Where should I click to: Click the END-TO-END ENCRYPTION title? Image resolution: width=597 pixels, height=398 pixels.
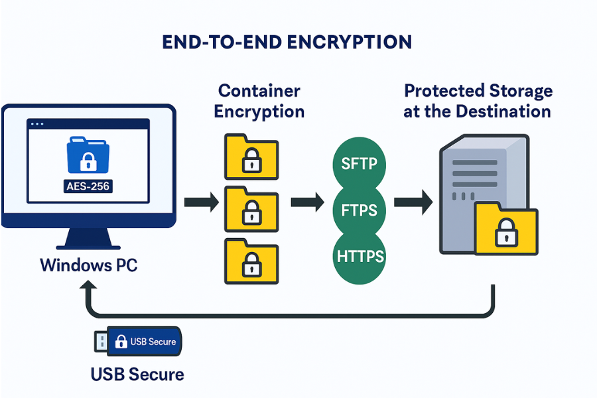pyautogui.click(x=287, y=42)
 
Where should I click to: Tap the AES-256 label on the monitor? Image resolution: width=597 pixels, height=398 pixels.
pyautogui.click(x=88, y=186)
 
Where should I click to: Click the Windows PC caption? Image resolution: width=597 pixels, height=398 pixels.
pyautogui.click(x=88, y=265)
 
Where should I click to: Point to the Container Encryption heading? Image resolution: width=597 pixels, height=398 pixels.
pyautogui.click(x=259, y=101)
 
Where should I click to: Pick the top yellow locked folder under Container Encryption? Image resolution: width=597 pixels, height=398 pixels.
pyautogui.click(x=251, y=157)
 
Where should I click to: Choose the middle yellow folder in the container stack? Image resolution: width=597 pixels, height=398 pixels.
pyautogui.click(x=251, y=209)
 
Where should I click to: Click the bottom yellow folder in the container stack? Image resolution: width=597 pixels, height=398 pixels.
pyautogui.click(x=251, y=261)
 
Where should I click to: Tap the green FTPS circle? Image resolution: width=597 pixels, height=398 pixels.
pyautogui.click(x=358, y=211)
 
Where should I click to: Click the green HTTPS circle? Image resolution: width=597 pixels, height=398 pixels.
pyautogui.click(x=358, y=256)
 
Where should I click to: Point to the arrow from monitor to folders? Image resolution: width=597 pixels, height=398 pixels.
pyautogui.click(x=201, y=201)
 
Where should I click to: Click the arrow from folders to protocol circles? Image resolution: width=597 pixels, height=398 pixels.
pyautogui.click(x=306, y=201)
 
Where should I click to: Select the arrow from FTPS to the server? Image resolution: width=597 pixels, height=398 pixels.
pyautogui.click(x=411, y=201)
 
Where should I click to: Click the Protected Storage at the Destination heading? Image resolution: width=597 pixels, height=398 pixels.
pyautogui.click(x=478, y=101)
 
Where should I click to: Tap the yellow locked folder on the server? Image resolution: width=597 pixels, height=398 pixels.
pyautogui.click(x=506, y=229)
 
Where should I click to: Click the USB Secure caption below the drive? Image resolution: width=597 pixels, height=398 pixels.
pyautogui.click(x=137, y=374)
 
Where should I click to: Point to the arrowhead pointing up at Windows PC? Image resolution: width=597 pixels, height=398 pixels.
pyautogui.click(x=88, y=287)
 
